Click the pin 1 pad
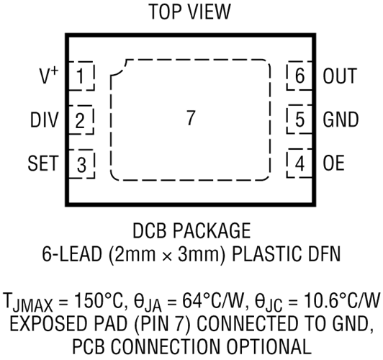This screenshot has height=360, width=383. (x=81, y=76)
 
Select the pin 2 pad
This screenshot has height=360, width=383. (x=81, y=120)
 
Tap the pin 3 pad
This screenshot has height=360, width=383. (x=81, y=164)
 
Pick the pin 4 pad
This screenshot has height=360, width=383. (x=299, y=163)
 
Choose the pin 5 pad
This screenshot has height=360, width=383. (x=299, y=120)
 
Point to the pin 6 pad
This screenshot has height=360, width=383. (x=299, y=76)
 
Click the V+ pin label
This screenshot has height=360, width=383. (x=49, y=76)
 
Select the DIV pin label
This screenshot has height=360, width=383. (x=44, y=120)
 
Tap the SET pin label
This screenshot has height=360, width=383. (x=42, y=163)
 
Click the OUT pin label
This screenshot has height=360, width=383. (x=340, y=76)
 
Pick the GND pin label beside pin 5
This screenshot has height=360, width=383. (x=341, y=120)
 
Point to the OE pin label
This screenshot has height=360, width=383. (x=333, y=163)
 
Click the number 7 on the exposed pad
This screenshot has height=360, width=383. (x=191, y=118)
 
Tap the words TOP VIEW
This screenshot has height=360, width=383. (x=190, y=12)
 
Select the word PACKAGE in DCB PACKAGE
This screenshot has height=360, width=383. (x=212, y=230)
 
